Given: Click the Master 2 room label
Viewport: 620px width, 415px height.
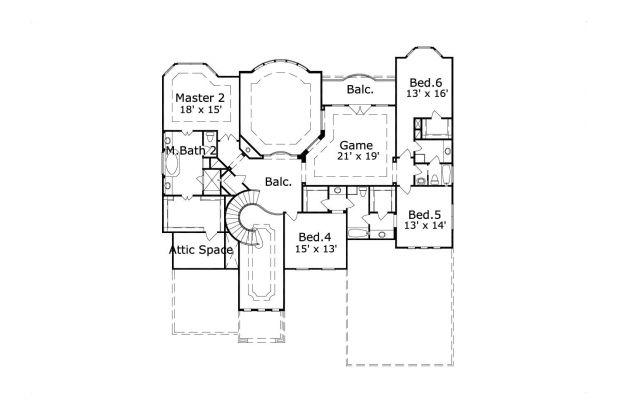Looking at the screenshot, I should tap(200, 97).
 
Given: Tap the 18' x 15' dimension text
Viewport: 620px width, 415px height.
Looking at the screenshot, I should tap(200, 111).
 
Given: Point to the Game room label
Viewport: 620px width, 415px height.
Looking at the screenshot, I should tap(356, 145).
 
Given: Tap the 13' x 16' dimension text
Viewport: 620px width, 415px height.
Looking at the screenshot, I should tap(426, 94).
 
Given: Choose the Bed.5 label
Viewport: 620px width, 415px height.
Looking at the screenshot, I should tap(424, 214).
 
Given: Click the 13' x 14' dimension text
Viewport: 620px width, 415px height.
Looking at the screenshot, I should tap(424, 227).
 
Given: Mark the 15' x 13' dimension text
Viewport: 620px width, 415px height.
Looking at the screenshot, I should tap(314, 249).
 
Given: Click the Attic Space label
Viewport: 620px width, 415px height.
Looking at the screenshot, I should tap(201, 249).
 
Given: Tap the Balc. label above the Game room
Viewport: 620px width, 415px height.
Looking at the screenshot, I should tap(360, 90).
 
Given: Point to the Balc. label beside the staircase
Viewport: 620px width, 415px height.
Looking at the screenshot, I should tap(279, 182).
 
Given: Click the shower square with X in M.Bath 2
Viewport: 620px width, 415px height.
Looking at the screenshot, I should tap(211, 184).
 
